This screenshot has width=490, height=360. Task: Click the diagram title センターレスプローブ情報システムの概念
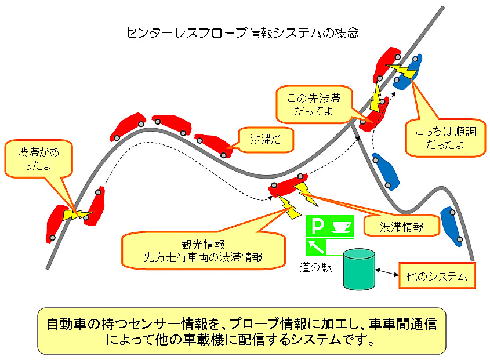tap(242, 32)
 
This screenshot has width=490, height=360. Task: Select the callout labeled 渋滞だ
tap(265, 140)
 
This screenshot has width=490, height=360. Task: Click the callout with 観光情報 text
tap(203, 250)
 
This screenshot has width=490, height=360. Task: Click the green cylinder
tap(359, 270)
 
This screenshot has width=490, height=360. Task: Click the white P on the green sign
tap(317, 226)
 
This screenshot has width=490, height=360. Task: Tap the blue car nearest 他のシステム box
tap(451, 227)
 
